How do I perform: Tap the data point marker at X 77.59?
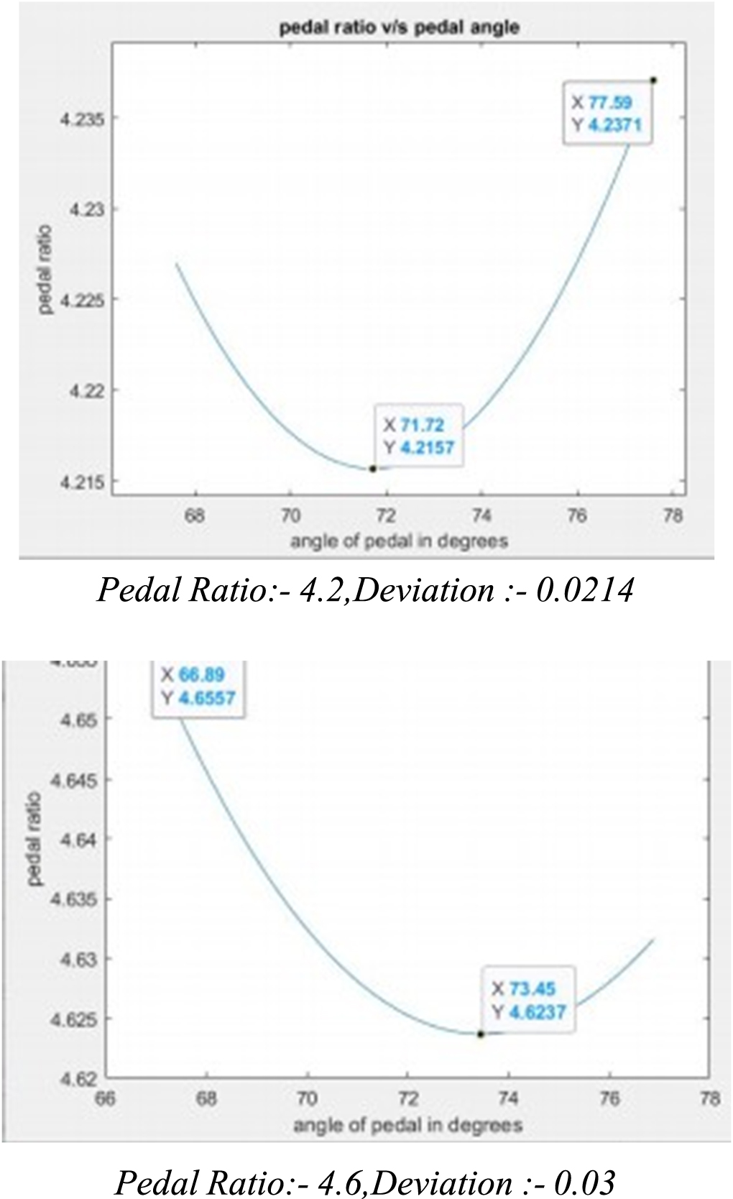653,80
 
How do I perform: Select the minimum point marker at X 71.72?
373,469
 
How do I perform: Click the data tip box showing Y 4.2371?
608,114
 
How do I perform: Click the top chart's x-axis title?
399,541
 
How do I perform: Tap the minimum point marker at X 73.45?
480,1034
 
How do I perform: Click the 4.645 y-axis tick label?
75,779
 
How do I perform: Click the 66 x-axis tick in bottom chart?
106,1099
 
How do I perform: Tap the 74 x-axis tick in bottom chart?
508,1099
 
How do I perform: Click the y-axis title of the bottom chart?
35,838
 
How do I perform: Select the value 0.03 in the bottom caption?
589,1182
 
